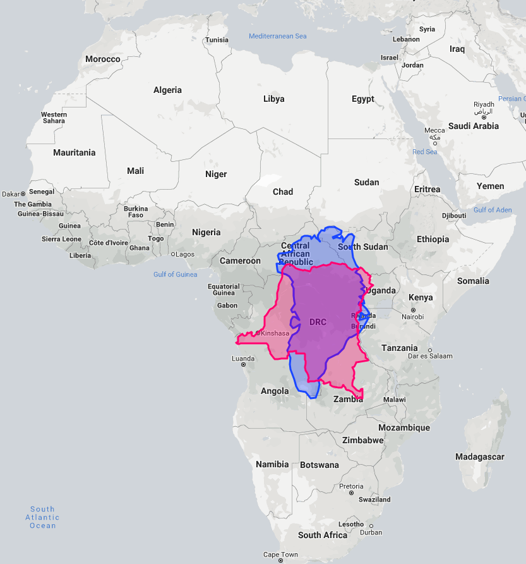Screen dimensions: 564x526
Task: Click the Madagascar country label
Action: [480, 457]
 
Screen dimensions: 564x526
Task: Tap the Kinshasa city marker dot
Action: [258, 333]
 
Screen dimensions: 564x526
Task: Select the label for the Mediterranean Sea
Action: [277, 36]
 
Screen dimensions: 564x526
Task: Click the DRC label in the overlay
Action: [318, 322]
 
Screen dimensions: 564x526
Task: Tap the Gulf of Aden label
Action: [493, 210]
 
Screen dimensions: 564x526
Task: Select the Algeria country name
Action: [167, 90]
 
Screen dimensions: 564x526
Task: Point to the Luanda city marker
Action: [243, 365]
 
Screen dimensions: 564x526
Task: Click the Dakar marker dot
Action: [23, 193]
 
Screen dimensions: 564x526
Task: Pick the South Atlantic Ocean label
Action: [43, 517]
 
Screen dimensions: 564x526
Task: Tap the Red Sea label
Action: [424, 152]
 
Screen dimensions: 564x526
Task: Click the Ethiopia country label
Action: [433, 239]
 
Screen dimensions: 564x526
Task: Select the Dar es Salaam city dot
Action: [430, 350]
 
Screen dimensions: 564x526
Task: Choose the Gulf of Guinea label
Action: [175, 274]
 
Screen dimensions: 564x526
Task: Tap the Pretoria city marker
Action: [351, 493]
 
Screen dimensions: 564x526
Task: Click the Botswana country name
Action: [319, 465]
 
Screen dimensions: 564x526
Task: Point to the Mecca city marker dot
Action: [434, 143]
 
